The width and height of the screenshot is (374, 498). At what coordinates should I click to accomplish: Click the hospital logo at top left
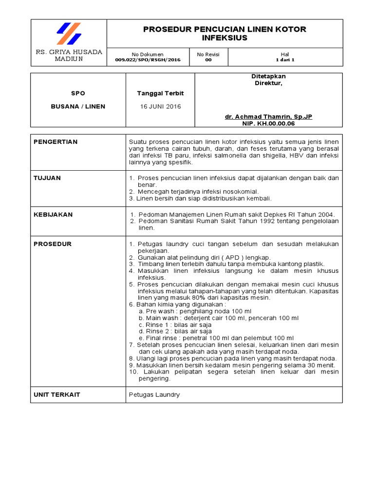click(x=68, y=34)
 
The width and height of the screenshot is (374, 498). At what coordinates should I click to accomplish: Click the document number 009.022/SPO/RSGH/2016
click(x=148, y=60)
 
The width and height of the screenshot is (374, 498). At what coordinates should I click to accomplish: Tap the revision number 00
click(x=208, y=60)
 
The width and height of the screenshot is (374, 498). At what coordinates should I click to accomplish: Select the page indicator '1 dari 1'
click(x=285, y=60)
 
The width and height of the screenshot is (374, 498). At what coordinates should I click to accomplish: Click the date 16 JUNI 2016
click(x=160, y=107)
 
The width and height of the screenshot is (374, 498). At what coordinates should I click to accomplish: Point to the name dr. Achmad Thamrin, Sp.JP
click(x=269, y=117)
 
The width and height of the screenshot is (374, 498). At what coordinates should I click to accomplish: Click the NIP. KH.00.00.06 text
click(x=269, y=124)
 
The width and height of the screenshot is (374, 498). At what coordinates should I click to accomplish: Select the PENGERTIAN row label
click(x=55, y=142)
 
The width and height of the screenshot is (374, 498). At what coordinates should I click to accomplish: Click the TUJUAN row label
click(x=47, y=178)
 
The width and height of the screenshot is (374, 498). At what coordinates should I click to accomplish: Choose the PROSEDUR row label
click(x=53, y=244)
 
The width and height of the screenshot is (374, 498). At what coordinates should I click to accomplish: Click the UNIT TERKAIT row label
click(x=56, y=394)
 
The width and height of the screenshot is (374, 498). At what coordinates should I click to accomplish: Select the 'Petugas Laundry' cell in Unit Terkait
click(x=154, y=394)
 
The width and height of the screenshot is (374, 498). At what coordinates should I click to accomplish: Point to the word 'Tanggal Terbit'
click(x=160, y=93)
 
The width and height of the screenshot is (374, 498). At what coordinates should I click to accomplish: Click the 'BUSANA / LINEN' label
click(x=78, y=107)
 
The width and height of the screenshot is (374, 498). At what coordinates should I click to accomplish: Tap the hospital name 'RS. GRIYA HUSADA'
click(x=69, y=52)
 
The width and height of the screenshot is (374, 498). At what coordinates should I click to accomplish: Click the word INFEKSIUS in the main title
click(x=224, y=38)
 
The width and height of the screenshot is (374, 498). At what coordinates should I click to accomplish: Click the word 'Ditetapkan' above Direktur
click(x=268, y=77)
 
